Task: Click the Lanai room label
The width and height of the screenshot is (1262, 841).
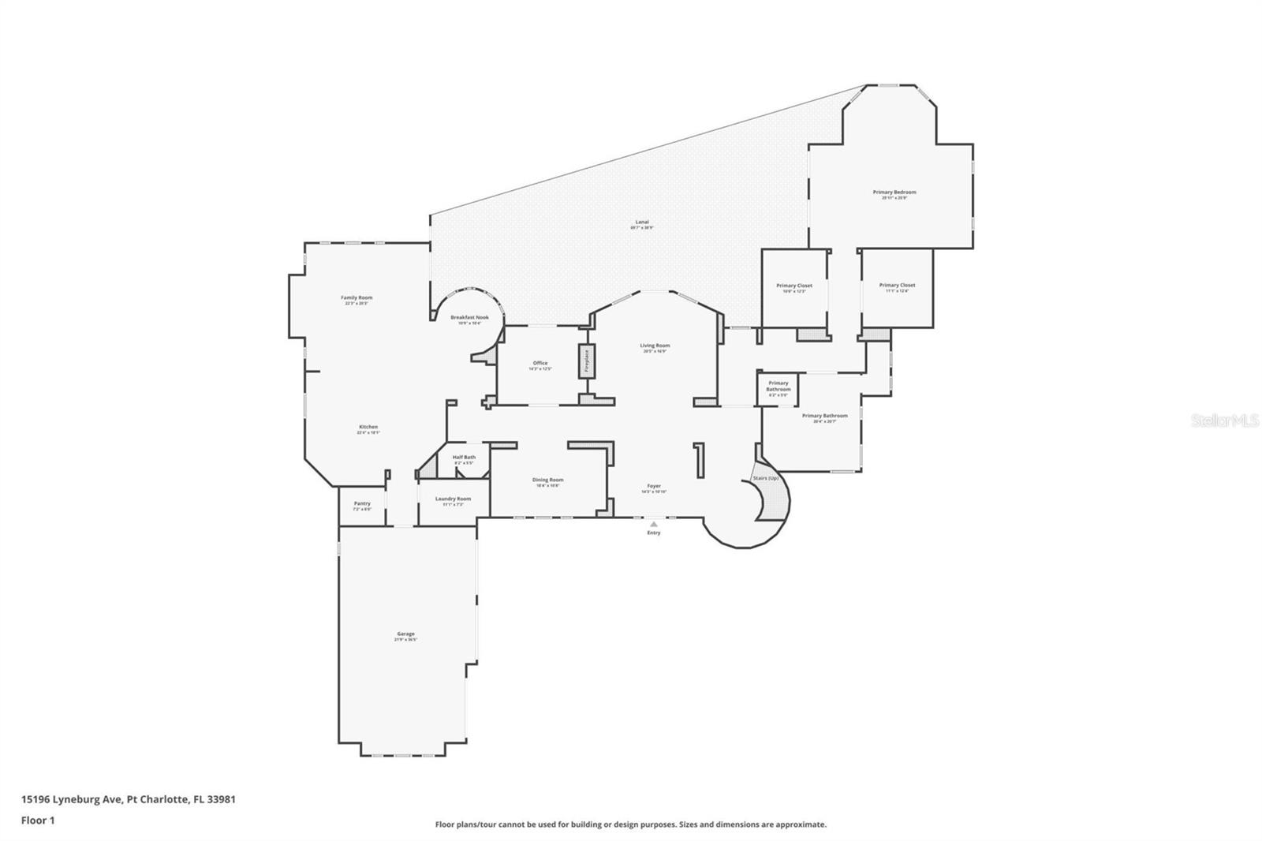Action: click(642, 222)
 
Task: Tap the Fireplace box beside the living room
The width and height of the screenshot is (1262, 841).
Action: click(587, 361)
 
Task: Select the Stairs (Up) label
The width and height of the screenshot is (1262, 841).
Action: click(766, 479)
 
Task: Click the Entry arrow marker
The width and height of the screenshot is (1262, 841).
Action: click(653, 524)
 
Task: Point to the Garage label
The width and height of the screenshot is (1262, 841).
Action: click(405, 634)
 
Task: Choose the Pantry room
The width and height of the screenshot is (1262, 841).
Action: click(362, 505)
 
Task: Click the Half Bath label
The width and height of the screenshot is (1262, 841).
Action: click(464, 458)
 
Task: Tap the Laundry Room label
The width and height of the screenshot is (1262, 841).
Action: click(453, 499)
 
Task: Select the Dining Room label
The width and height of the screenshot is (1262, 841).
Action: click(547, 480)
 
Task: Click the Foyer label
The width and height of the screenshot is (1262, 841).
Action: click(654, 487)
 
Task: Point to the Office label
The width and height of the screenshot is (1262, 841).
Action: click(540, 364)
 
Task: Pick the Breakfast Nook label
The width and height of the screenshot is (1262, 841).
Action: click(469, 318)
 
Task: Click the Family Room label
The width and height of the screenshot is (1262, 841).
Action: click(357, 298)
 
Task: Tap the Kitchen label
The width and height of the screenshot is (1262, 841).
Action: click(368, 428)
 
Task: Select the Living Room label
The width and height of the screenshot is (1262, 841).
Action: click(655, 346)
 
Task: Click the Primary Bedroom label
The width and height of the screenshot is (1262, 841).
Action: click(894, 192)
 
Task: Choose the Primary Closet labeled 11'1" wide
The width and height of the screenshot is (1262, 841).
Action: click(897, 286)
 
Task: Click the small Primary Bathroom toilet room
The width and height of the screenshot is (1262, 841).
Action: click(778, 388)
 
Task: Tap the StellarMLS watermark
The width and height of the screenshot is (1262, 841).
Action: click(1224, 421)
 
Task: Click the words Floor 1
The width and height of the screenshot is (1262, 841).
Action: click(38, 820)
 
